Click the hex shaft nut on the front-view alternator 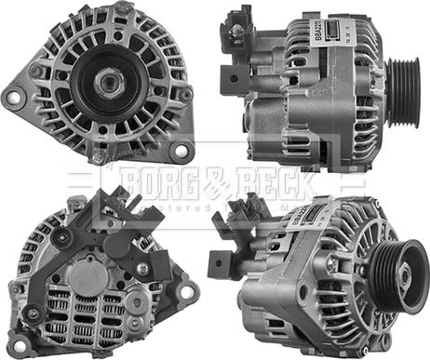105,81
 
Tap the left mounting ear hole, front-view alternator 13,95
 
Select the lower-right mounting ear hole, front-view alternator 181,151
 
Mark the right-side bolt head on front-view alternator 185,94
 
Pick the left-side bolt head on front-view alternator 35,71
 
